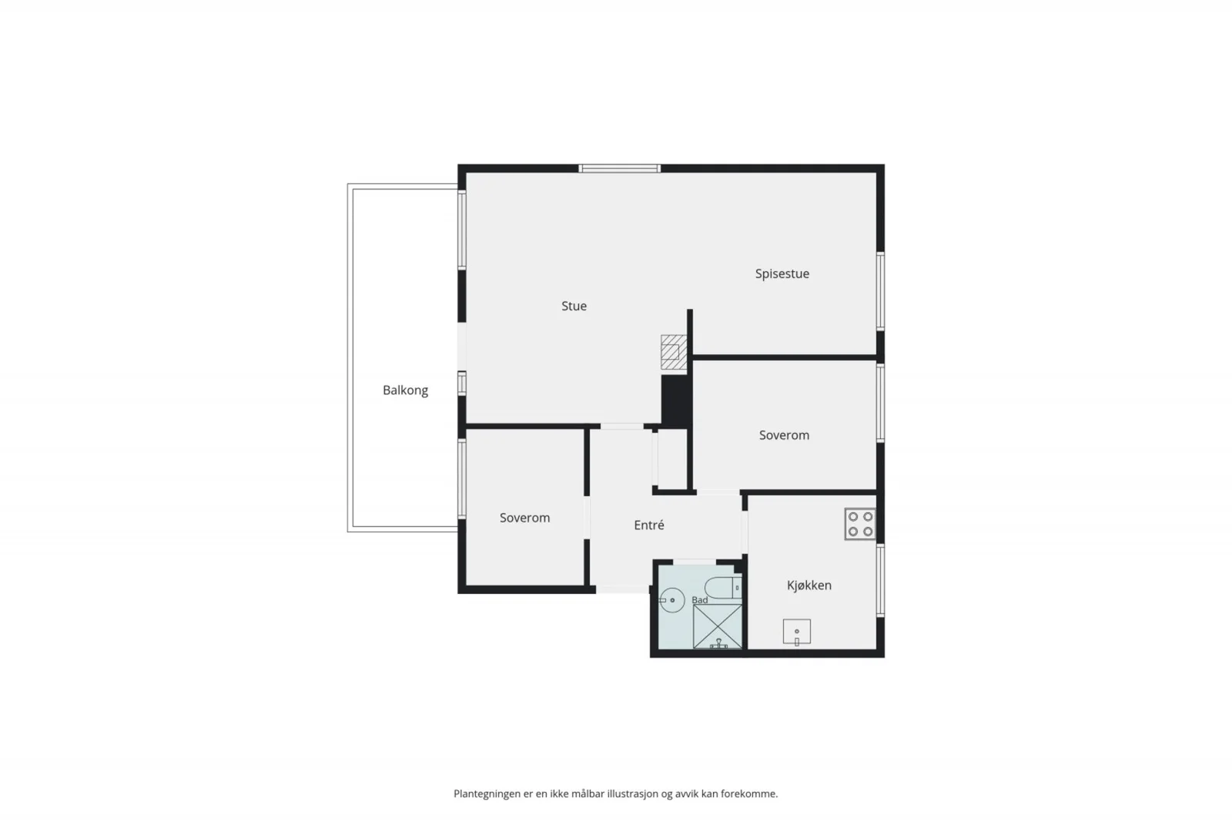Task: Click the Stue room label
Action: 574,306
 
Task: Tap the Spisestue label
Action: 782,274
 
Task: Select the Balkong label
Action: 405,390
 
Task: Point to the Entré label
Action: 649,525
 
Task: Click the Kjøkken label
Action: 809,585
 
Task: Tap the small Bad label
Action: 700,599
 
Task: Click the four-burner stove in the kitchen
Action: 860,524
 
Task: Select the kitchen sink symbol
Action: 797,632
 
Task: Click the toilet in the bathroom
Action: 723,588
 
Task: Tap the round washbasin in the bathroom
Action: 671,599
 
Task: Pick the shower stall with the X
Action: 717,626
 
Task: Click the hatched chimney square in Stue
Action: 674,352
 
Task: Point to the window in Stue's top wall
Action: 619,169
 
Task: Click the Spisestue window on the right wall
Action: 880,291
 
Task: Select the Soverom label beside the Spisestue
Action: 784,435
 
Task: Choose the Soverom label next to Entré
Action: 524,518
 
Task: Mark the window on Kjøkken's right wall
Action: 880,580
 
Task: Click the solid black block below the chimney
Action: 676,400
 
